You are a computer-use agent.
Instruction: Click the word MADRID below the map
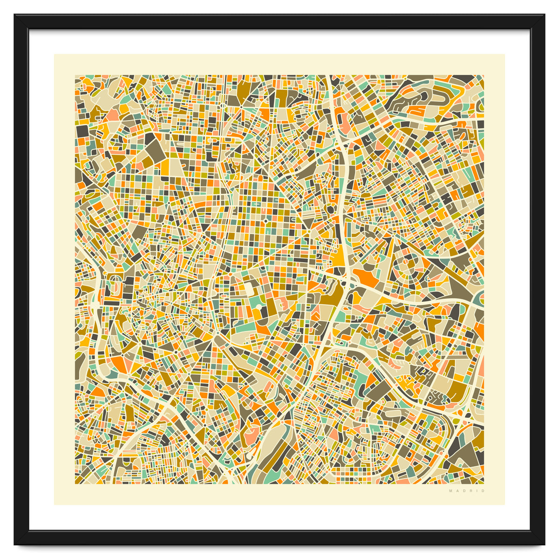[467, 491]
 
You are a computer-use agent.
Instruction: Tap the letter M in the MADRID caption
[450, 491]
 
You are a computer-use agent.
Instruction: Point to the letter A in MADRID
[457, 491]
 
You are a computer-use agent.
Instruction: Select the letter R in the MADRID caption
[470, 491]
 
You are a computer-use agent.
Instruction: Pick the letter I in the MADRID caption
[477, 491]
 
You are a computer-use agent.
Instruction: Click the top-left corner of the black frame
[15, 15]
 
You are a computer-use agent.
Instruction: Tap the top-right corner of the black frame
[544, 15]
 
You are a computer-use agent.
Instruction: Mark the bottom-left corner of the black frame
[15, 544]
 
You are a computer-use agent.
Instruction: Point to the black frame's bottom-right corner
[544, 544]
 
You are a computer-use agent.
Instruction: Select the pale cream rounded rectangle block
[249, 289]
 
